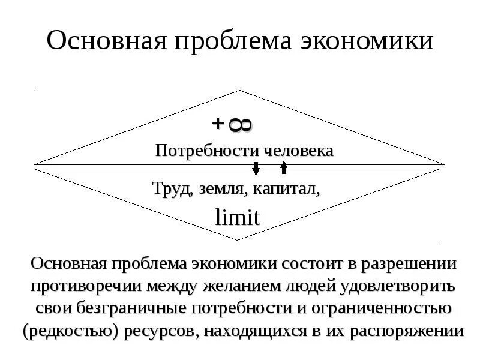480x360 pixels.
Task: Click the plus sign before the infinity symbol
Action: click(218, 124)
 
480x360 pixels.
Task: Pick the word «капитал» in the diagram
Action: click(286, 190)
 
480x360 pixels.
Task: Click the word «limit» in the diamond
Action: click(238, 217)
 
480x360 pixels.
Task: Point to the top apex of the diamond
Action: click(240, 91)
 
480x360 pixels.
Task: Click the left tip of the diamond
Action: click(35, 164)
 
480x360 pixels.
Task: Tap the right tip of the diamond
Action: click(445, 164)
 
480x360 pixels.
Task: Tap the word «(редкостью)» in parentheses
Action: click(70, 331)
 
